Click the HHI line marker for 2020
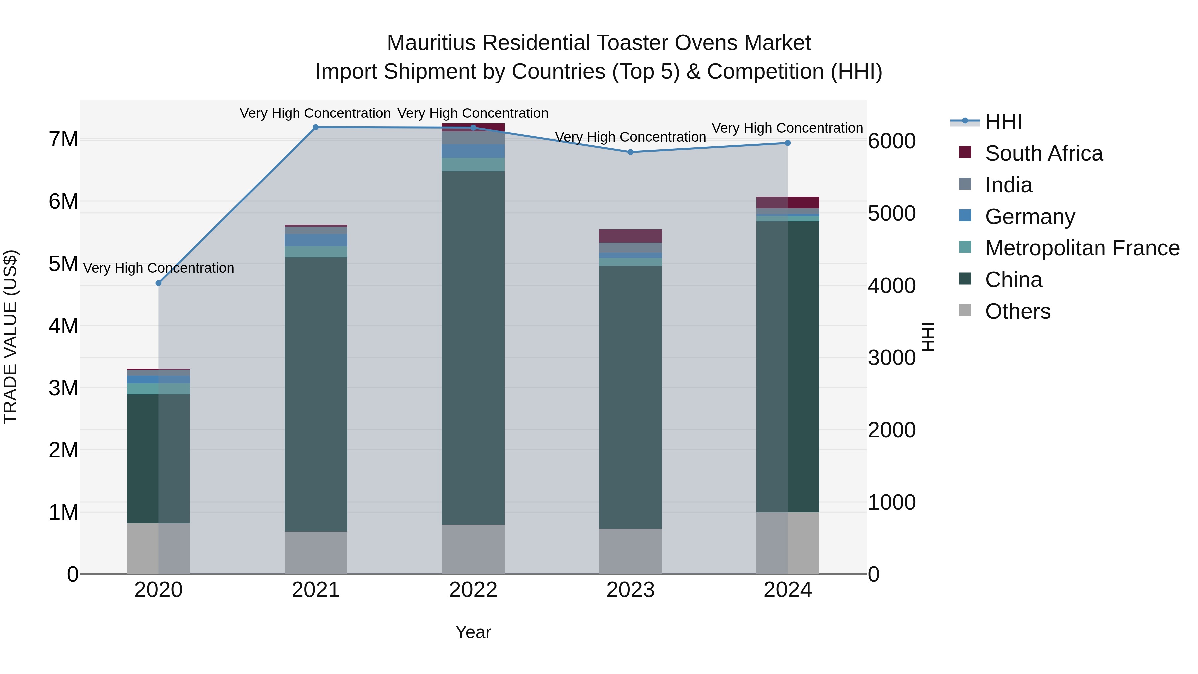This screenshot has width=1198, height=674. [159, 283]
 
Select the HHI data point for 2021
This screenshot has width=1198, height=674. [316, 127]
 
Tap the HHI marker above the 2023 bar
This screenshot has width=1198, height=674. [631, 152]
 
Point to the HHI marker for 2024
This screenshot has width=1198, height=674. [788, 143]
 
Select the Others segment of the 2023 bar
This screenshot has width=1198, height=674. [630, 551]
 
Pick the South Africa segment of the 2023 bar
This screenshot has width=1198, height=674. [630, 236]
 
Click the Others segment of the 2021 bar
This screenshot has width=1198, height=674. [316, 553]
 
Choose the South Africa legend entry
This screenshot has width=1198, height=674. [1044, 153]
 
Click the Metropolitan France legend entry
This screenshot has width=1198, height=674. [1082, 248]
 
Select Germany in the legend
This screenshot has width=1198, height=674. [1030, 217]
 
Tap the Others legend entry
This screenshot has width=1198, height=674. [1018, 311]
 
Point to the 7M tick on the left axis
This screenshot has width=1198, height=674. [64, 139]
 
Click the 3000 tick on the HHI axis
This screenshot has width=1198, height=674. [892, 358]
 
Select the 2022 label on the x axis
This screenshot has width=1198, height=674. [473, 590]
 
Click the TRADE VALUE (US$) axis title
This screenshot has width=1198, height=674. [10, 337]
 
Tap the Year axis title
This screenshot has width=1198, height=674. [473, 632]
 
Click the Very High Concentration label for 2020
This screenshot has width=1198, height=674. [159, 268]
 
